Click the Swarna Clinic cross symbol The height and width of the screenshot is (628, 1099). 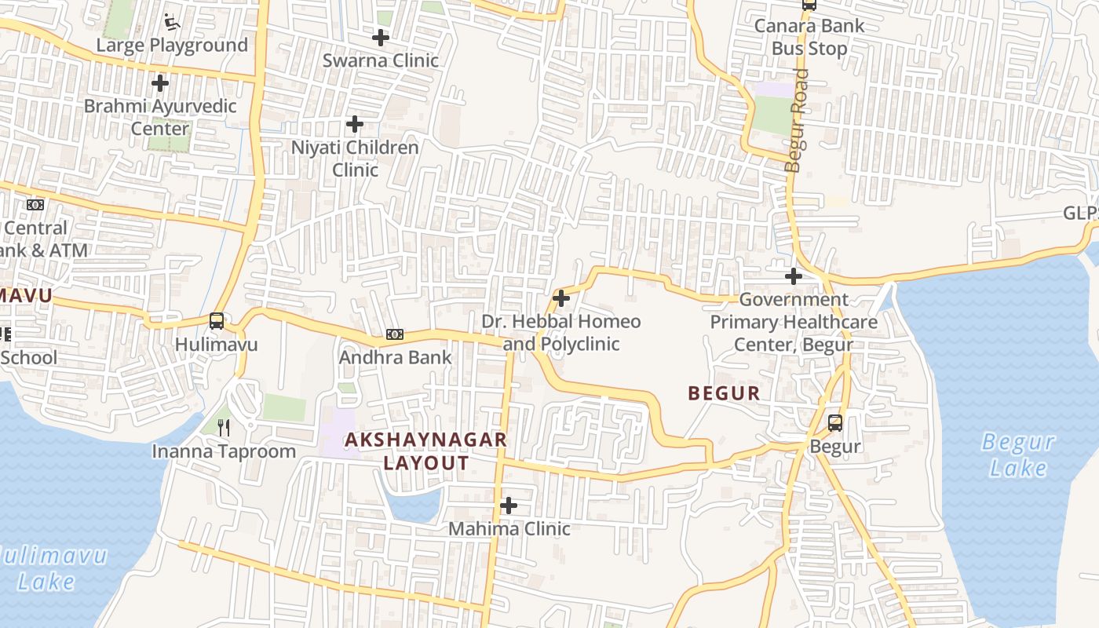[x=381, y=37]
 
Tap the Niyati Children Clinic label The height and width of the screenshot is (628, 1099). [x=355, y=159]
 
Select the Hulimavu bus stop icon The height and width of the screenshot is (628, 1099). [x=217, y=321]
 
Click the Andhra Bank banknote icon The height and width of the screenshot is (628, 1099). [x=395, y=334]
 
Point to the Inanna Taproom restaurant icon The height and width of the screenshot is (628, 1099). [x=225, y=427]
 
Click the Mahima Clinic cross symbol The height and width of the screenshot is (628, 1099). [x=509, y=506]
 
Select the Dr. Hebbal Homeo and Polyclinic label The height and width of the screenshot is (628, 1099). [x=560, y=333]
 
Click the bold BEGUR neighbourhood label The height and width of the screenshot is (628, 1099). [x=724, y=393]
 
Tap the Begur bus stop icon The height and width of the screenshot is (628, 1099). [x=835, y=423]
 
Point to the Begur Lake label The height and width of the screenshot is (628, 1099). [x=1018, y=455]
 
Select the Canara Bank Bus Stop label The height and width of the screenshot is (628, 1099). [x=809, y=37]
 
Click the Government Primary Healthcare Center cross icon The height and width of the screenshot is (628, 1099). [x=794, y=276]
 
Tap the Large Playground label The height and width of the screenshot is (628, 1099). [x=172, y=46]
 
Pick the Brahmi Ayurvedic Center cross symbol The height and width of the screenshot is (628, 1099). [x=160, y=82]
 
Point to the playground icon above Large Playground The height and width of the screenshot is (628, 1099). [x=172, y=22]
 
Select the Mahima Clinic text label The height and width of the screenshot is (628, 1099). [x=509, y=529]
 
